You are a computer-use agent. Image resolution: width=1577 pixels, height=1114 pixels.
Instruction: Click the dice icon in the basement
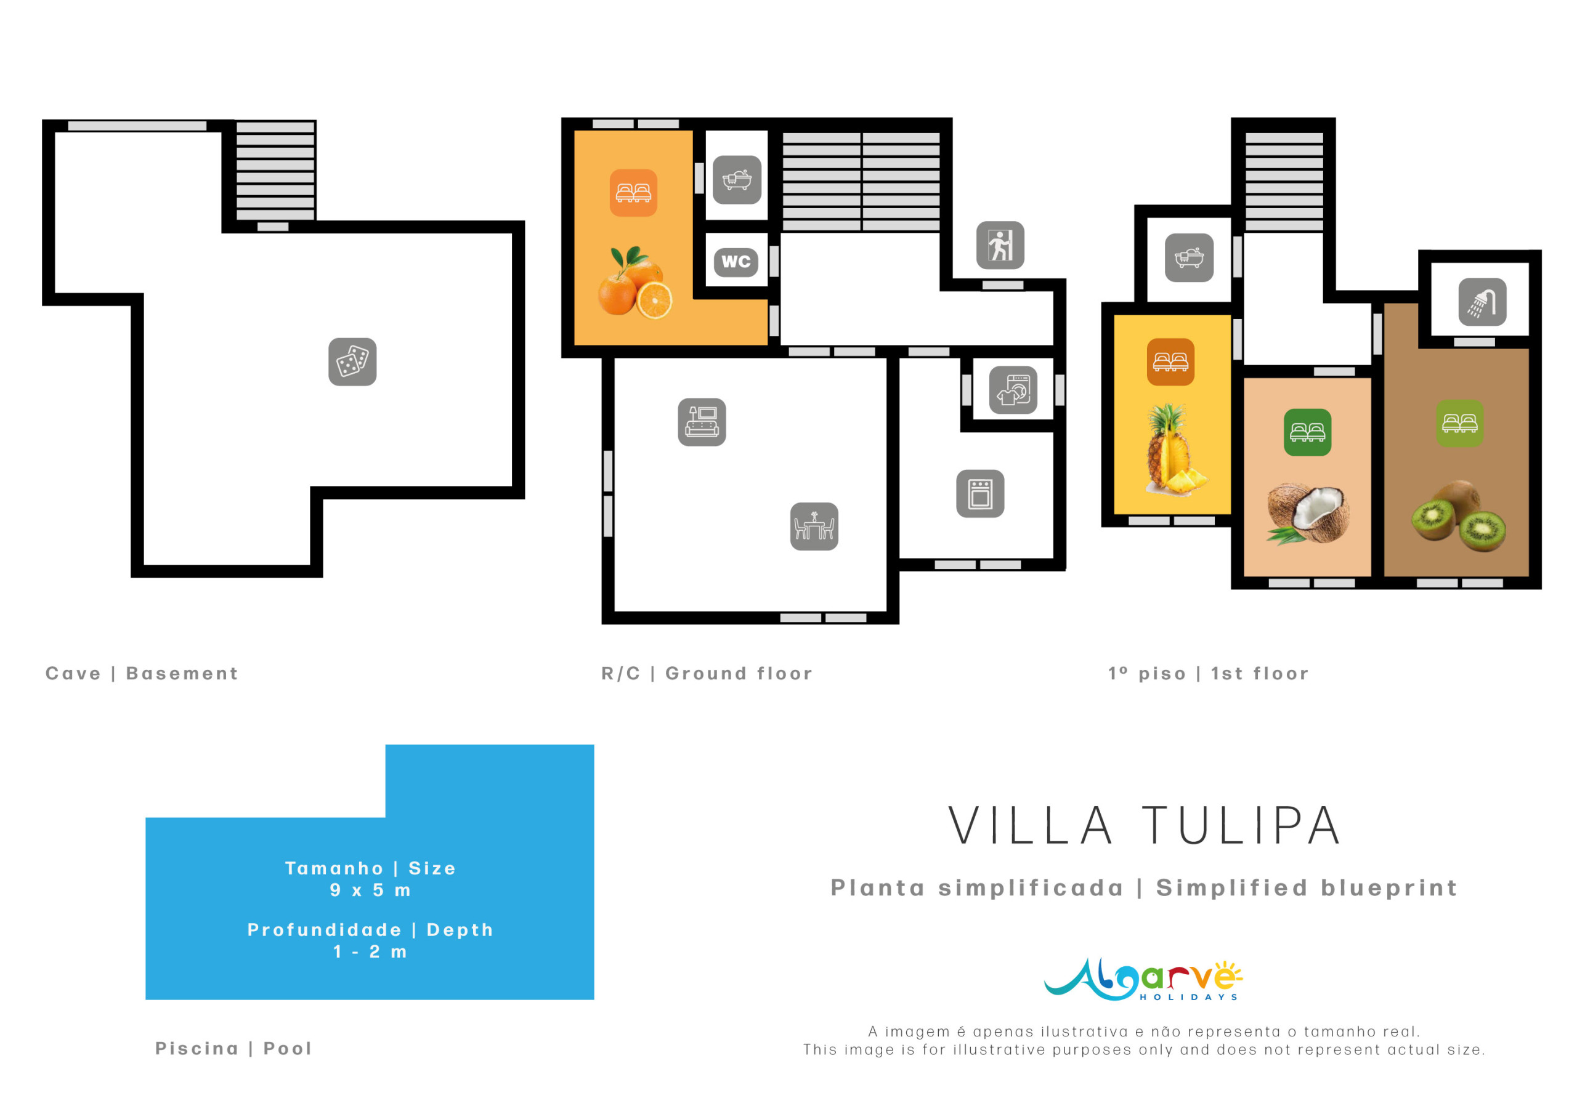pyautogui.click(x=352, y=362)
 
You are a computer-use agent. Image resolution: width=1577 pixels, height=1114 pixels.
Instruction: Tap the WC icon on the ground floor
pyautogui.click(x=736, y=262)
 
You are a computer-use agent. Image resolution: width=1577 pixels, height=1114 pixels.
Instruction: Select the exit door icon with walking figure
pyautogui.click(x=1000, y=245)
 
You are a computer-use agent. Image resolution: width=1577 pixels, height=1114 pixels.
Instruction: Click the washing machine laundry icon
pyautogui.click(x=1013, y=390)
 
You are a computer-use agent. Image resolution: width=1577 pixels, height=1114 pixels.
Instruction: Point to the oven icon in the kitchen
pyautogui.click(x=980, y=494)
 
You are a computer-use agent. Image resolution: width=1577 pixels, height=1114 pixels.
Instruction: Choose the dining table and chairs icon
pyautogui.click(x=814, y=527)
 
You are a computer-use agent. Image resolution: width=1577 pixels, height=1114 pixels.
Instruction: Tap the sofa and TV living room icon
pyautogui.click(x=702, y=422)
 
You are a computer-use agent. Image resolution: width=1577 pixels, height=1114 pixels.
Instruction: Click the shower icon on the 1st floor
pyautogui.click(x=1482, y=302)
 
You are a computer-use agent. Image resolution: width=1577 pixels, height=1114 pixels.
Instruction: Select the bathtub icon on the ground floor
pyautogui.click(x=737, y=180)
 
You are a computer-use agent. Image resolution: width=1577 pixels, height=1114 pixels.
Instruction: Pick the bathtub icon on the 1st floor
pyautogui.click(x=1189, y=258)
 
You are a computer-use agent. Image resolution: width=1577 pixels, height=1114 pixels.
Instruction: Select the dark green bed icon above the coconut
pyautogui.click(x=1307, y=433)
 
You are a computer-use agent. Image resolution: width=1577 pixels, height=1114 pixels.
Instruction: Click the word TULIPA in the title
pyautogui.click(x=1241, y=826)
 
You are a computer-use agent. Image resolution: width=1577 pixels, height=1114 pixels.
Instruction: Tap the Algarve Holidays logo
pyautogui.click(x=1143, y=979)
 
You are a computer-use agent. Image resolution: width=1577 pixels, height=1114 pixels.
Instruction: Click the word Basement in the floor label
pyautogui.click(x=182, y=674)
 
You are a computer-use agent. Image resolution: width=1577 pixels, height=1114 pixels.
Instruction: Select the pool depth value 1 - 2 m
pyautogui.click(x=370, y=953)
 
